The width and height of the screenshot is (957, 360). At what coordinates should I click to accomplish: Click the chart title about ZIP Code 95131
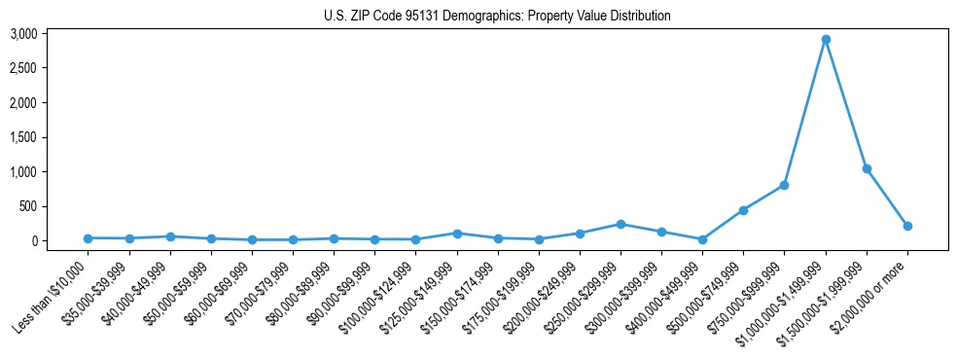[497, 16]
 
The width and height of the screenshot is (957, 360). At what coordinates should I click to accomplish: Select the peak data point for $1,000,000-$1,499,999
[825, 40]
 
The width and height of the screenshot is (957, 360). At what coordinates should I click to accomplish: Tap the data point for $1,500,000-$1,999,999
[866, 168]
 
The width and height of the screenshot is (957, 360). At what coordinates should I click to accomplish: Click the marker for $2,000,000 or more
[907, 226]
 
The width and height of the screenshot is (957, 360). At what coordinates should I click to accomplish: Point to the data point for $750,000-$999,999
[784, 185]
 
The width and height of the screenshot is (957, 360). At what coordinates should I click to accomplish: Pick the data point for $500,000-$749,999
[743, 210]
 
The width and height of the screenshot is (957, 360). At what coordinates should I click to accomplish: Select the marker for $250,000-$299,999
[620, 224]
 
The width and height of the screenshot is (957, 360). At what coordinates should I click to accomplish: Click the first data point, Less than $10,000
[88, 238]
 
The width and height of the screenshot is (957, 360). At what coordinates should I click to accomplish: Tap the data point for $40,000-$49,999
[170, 236]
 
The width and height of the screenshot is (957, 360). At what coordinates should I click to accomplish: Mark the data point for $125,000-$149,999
[457, 234]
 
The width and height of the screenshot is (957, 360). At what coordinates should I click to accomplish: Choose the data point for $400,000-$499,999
[702, 239]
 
